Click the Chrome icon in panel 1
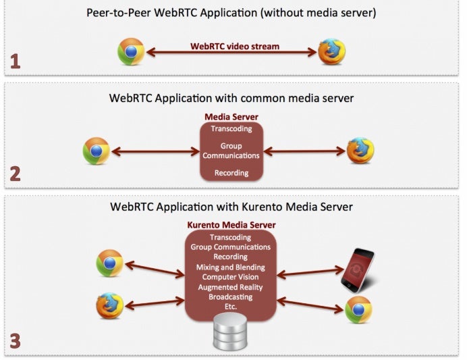(x=131, y=52)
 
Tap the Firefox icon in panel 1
(x=332, y=52)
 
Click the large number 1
(x=15, y=62)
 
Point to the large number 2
(x=15, y=174)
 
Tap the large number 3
(x=15, y=341)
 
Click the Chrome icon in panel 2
(x=97, y=151)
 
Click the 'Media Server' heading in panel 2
(x=231, y=117)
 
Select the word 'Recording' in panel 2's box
(x=231, y=173)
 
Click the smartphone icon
(x=358, y=269)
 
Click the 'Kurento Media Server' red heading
(x=231, y=225)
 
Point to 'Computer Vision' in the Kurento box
(x=231, y=277)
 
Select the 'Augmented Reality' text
(x=231, y=287)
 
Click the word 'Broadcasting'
(x=231, y=297)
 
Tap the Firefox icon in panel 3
(x=109, y=305)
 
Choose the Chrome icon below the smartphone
(x=358, y=309)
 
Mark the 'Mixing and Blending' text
(x=231, y=267)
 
